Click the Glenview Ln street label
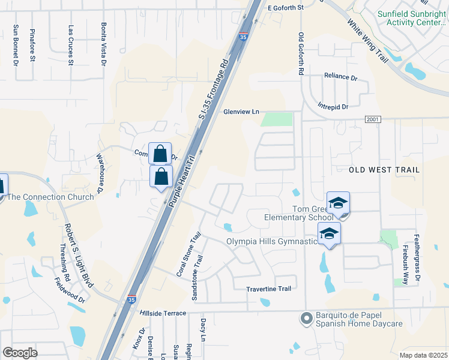[241, 112]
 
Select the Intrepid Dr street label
[333, 106]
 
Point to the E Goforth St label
[286, 7]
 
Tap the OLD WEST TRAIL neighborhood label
[384, 170]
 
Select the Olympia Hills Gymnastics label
[271, 241]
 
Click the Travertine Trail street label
[268, 289]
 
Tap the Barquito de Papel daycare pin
[306, 317]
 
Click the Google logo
[20, 353]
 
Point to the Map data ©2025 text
[423, 356]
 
